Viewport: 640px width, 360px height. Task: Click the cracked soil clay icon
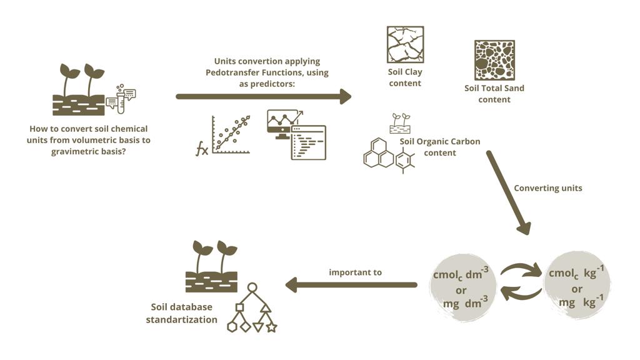pyautogui.click(x=405, y=44)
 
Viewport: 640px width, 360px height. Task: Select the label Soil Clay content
pyautogui.click(x=405, y=78)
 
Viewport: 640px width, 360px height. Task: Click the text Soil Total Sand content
pyautogui.click(x=494, y=93)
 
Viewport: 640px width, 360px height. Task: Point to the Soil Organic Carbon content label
pyautogui.click(x=440, y=147)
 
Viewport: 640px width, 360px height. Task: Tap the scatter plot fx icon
pyautogui.click(x=223, y=136)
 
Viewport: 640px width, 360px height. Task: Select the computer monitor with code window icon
pyautogui.click(x=296, y=134)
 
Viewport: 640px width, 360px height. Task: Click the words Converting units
pyautogui.click(x=547, y=188)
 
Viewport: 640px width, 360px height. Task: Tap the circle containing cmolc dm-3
pyautogui.click(x=462, y=286)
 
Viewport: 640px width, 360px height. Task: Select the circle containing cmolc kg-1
pyautogui.click(x=577, y=286)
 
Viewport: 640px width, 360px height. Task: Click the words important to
pyautogui.click(x=355, y=272)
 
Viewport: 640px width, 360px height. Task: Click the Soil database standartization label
pyautogui.click(x=181, y=313)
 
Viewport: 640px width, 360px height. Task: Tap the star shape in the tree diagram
pyautogui.click(x=271, y=327)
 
